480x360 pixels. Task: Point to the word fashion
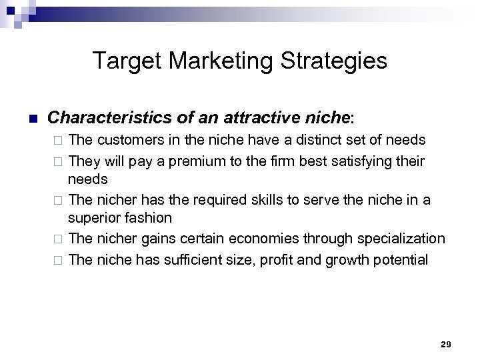click(149, 218)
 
